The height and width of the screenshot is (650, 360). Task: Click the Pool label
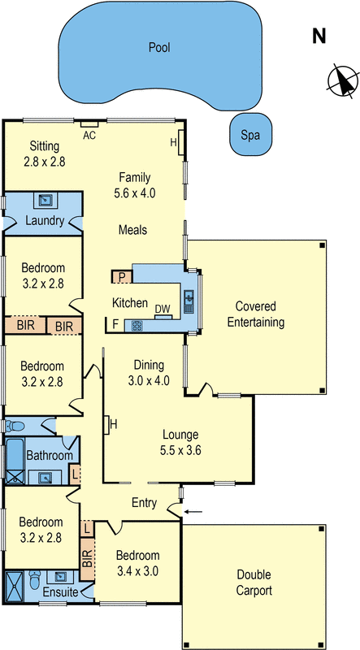[x=158, y=48]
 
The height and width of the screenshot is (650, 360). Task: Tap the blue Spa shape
[x=250, y=136]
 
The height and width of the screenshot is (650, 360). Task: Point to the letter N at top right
[x=319, y=36]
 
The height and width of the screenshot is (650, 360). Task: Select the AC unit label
[x=89, y=136]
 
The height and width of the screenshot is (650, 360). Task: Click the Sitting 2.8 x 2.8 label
[x=45, y=154]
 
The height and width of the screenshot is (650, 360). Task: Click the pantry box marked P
[x=121, y=277]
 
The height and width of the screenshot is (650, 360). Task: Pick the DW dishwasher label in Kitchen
[x=163, y=310]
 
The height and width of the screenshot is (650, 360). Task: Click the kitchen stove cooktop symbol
[x=137, y=326]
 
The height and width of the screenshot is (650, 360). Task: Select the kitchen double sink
[x=189, y=301]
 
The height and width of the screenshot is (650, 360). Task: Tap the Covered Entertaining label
[x=256, y=314]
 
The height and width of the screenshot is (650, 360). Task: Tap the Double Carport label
[x=255, y=583]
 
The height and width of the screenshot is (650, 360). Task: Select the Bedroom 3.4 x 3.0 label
[x=137, y=563]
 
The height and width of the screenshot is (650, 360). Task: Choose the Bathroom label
[x=49, y=456]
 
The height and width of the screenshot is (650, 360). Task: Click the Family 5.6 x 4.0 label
[x=136, y=184]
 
